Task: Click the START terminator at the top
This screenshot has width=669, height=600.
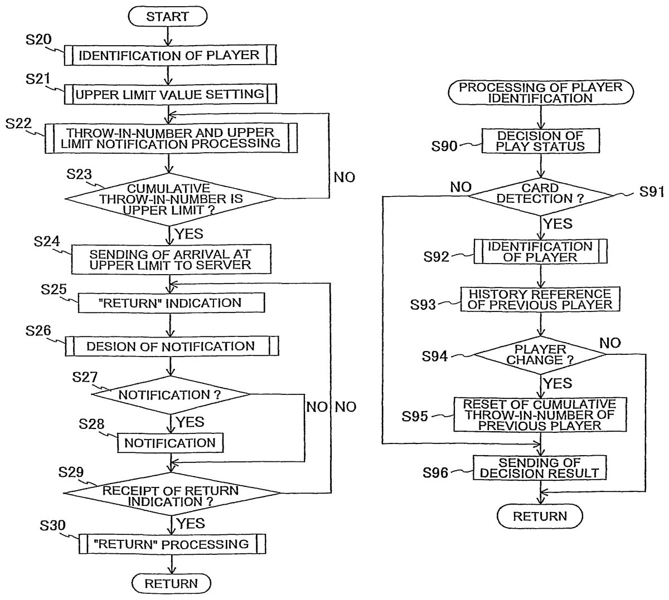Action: pyautogui.click(x=168, y=17)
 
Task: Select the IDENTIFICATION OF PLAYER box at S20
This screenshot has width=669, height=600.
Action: pyautogui.click(x=169, y=55)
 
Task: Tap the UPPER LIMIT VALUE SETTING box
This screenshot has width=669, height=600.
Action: pyautogui.click(x=169, y=93)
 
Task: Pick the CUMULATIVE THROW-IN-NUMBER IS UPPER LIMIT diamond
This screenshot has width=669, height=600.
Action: pyautogui.click(x=170, y=199)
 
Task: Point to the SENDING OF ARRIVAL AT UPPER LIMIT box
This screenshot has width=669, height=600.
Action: pyautogui.click(x=171, y=259)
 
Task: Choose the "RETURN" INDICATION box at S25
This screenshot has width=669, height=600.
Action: pyautogui.click(x=171, y=303)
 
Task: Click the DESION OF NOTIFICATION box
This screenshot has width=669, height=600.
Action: pyautogui.click(x=171, y=346)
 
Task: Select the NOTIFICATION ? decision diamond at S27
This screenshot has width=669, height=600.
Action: pyautogui.click(x=171, y=394)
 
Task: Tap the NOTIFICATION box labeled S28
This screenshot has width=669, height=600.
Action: pyautogui.click(x=170, y=443)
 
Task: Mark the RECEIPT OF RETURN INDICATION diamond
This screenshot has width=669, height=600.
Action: pyautogui.click(x=171, y=495)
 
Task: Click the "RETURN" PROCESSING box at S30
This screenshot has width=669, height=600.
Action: pyautogui.click(x=172, y=543)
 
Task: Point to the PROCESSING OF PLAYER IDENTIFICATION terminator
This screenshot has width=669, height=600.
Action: pyautogui.click(x=540, y=92)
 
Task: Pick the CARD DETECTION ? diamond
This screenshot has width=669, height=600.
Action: pyautogui.click(x=540, y=193)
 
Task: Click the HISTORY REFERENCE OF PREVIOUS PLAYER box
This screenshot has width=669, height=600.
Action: pyautogui.click(x=540, y=299)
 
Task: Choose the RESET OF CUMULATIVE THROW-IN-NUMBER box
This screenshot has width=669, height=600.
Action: pyautogui.click(x=540, y=414)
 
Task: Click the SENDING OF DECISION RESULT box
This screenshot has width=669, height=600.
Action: pyautogui.click(x=540, y=468)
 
